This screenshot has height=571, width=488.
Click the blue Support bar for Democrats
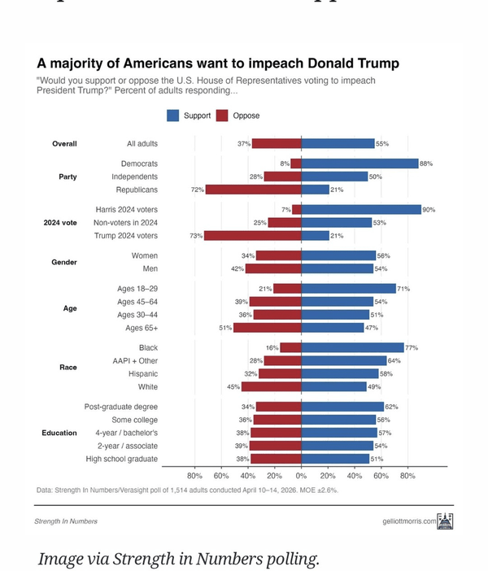click(359, 163)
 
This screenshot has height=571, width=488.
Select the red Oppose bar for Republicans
click(253, 190)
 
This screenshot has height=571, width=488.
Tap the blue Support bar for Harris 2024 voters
click(361, 209)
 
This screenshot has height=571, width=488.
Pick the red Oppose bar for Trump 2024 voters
click(252, 236)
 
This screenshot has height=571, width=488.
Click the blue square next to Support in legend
click(173, 116)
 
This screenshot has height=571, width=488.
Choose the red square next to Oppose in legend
click(222, 116)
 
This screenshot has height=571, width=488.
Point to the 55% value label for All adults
click(382, 144)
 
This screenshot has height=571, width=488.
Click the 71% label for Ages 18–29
click(403, 289)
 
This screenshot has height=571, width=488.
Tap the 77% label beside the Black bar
click(412, 348)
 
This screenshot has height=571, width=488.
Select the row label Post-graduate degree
click(121, 407)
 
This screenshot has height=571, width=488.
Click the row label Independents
click(134, 177)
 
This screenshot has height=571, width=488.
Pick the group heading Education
click(59, 433)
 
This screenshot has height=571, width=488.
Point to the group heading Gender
click(64, 262)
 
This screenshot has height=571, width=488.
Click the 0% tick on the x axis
click(301, 475)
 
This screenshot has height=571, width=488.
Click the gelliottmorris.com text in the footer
click(409, 521)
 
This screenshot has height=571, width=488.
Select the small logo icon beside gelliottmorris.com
click(445, 521)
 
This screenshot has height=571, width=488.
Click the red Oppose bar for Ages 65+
click(267, 328)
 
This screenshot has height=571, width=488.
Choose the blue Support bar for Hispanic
click(340, 374)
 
